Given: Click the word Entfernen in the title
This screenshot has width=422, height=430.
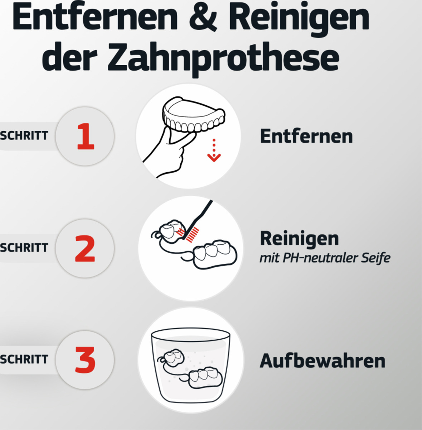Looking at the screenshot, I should tap(94, 18).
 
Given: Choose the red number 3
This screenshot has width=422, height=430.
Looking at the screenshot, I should tap(85, 360).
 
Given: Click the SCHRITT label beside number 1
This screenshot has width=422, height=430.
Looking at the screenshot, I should tap(24, 136).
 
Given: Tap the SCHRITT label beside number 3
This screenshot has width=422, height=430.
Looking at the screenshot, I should tap(24, 359).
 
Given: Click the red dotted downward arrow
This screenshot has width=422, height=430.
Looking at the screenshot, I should tap(214, 150).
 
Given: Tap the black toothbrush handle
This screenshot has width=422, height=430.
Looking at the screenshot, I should tap(202, 213).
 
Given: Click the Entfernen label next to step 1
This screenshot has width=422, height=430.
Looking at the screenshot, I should tap(306, 136).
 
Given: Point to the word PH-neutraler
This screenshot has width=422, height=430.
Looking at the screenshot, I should tap(319, 258).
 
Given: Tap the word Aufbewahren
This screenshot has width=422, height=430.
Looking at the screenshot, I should tap(322, 360).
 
